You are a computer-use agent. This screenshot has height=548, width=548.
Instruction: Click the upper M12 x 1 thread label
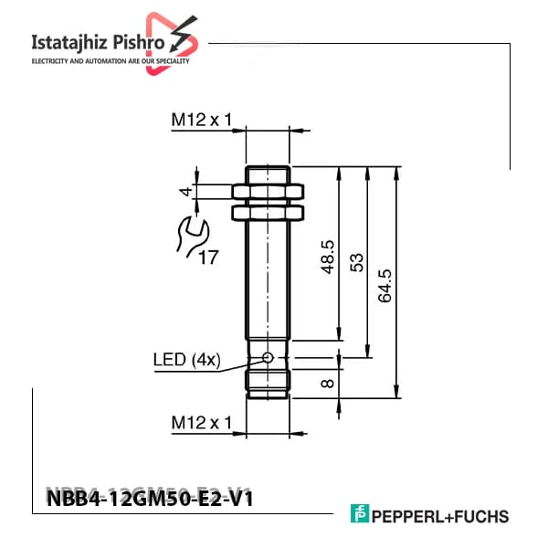click(x=202, y=120)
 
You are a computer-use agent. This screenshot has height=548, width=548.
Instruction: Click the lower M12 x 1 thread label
click(x=202, y=423)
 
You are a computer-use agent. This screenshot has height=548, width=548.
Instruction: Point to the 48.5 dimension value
click(x=328, y=257)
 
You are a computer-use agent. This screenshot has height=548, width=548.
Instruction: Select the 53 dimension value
click(x=357, y=262)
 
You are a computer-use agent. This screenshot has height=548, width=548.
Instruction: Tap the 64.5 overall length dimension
click(x=385, y=286)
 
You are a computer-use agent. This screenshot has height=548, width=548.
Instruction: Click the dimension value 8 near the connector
click(x=328, y=384)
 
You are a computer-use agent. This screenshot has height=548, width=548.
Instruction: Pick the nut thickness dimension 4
click(x=185, y=192)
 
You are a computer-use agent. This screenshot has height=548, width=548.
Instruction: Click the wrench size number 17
click(x=208, y=258)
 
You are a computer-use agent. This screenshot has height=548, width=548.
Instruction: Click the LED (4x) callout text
click(x=187, y=360)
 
